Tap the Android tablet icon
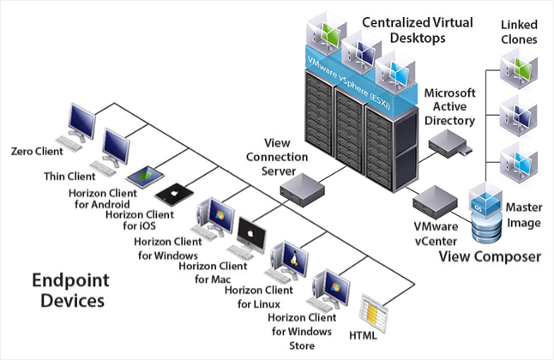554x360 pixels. coord(145,176)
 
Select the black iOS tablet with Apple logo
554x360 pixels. coord(174,194)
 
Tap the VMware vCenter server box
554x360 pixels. coord(435,202)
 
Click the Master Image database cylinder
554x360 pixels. coord(486,227)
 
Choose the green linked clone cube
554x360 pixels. coord(518,68)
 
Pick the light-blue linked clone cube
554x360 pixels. coord(518,163)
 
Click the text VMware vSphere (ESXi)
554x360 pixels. coord(349,83)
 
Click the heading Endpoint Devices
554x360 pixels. coord(71,291)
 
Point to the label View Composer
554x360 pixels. coord(490,256)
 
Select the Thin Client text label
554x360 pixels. coord(69,176)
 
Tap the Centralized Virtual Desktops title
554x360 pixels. coord(418,30)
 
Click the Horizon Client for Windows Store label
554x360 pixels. coord(302,332)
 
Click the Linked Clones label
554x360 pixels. coord(519,32)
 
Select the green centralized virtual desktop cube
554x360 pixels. coord(326,33)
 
